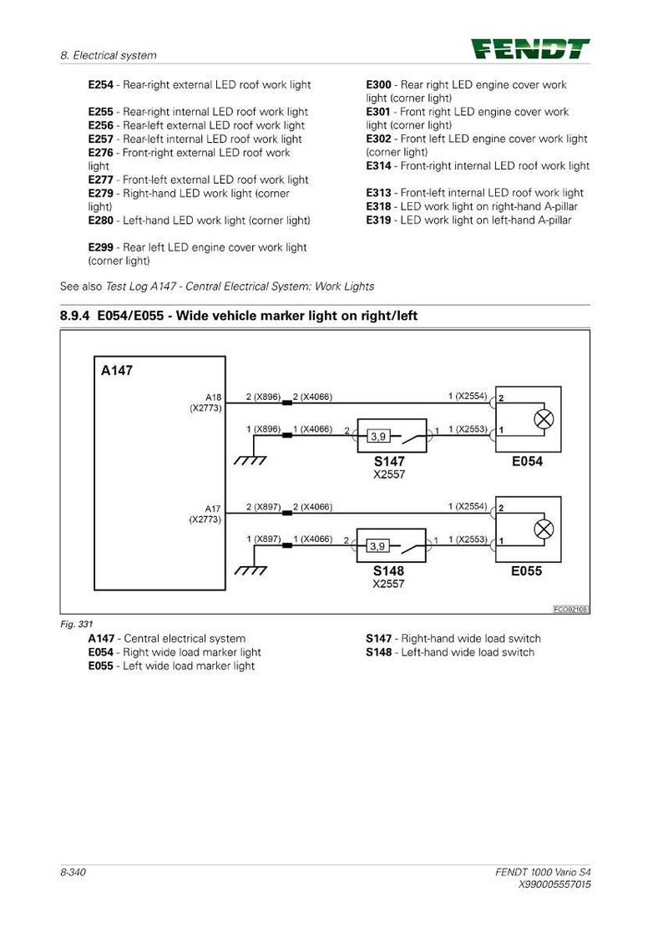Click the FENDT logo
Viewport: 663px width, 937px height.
tap(530, 49)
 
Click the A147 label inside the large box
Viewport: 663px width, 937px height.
tap(116, 371)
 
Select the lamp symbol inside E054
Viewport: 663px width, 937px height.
tap(544, 419)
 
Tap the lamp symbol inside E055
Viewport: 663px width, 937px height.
tap(544, 529)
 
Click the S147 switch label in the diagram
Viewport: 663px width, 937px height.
tap(389, 461)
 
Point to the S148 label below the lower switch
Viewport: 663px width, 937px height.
tap(389, 571)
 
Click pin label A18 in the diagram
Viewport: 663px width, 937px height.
tap(213, 398)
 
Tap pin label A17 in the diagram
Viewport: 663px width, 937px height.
tap(213, 509)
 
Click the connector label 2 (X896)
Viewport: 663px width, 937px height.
tap(263, 397)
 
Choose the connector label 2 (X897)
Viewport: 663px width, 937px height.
tap(263, 507)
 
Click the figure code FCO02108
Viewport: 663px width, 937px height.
tap(570, 610)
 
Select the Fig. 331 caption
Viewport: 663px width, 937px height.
tap(77, 625)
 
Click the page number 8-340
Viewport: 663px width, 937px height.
tap(73, 873)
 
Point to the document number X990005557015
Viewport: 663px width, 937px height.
tap(555, 884)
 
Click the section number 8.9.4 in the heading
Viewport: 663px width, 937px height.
tap(74, 316)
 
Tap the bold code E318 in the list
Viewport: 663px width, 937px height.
tap(379, 207)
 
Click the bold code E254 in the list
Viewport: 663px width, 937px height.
tap(100, 85)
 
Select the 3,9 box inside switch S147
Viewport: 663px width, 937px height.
tap(378, 436)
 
